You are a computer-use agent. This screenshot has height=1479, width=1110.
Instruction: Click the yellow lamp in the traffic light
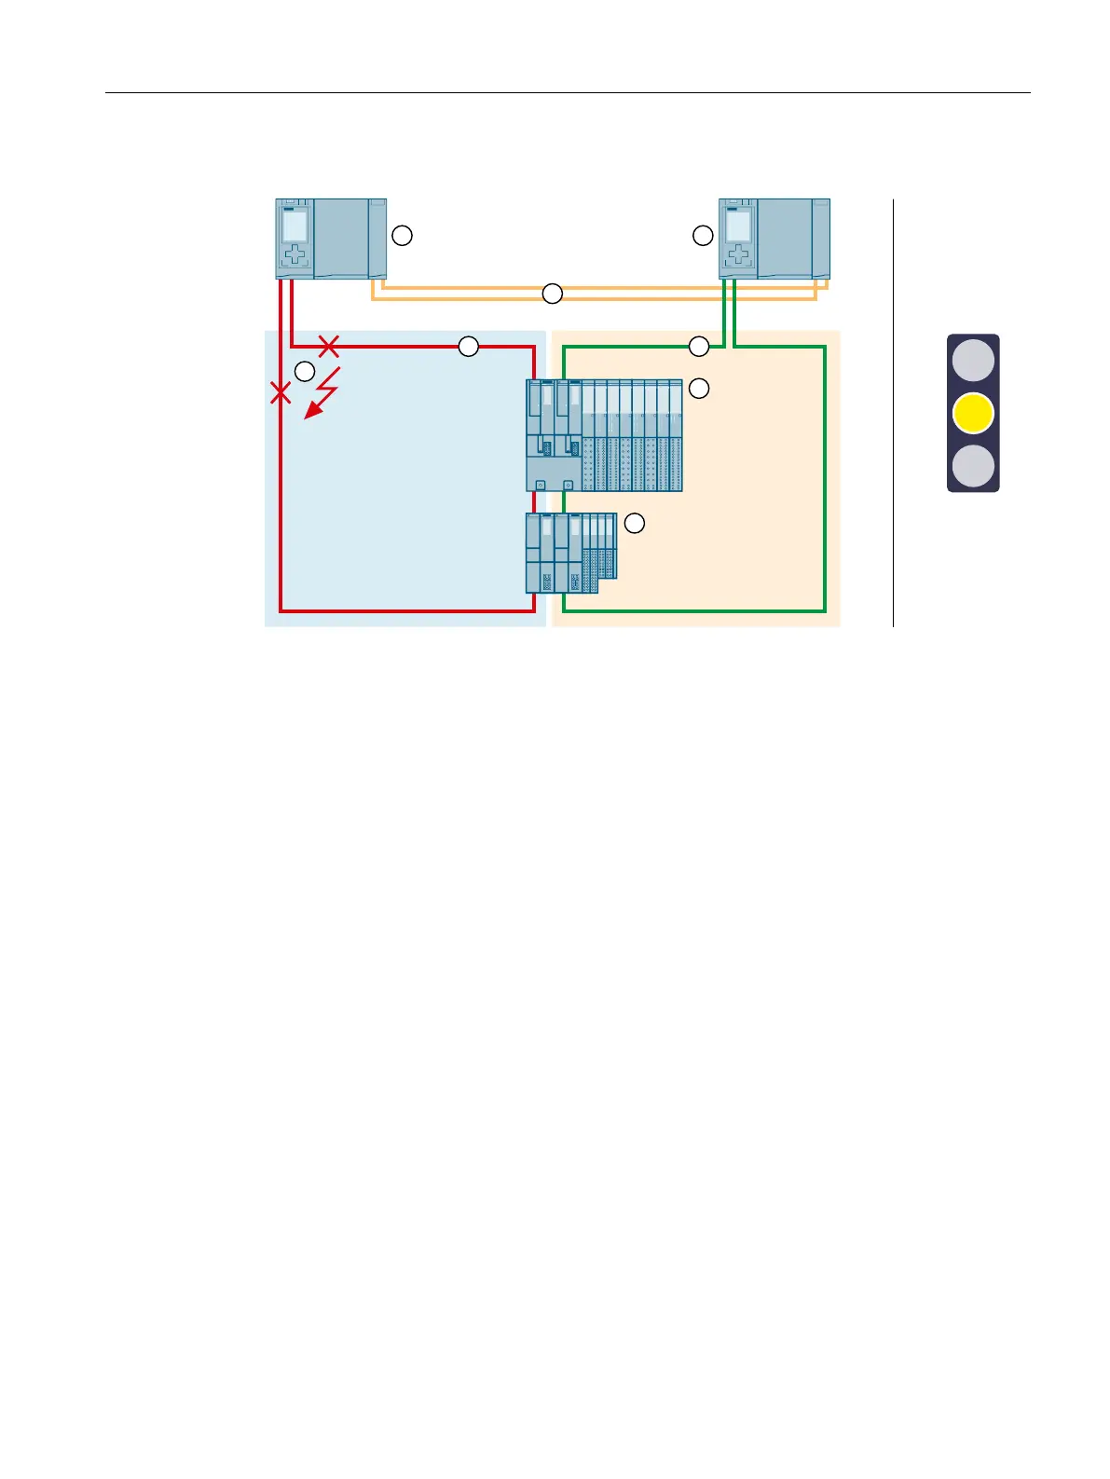coord(973,413)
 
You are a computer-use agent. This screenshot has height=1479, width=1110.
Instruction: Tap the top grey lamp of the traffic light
coord(973,361)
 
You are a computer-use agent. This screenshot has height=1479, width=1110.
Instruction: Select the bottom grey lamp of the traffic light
coord(973,466)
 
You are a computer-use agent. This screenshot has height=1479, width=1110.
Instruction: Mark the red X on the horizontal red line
coord(328,347)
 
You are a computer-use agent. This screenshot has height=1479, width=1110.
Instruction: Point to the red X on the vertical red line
coord(281,393)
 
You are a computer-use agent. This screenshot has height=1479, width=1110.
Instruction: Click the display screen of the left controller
coord(295,226)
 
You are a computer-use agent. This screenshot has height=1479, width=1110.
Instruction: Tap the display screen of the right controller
coord(738,226)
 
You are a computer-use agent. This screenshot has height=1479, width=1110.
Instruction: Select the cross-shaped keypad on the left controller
coord(295,255)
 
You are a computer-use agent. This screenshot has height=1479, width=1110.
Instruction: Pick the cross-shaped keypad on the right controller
coord(738,255)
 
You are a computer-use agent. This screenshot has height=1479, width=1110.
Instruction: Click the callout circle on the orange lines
coord(553,294)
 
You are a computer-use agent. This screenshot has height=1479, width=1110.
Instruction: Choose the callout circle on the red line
coord(468,347)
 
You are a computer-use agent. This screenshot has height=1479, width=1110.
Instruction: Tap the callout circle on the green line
coord(699,347)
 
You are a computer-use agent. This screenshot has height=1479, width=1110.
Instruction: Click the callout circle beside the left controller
coord(402,236)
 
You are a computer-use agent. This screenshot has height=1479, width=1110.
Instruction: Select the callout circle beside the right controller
coord(703,236)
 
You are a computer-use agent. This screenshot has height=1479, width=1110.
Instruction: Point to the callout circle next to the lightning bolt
coord(304,371)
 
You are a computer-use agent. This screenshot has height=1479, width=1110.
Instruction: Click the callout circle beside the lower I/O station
coord(634,523)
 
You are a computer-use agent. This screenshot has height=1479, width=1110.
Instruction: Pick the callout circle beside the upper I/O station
coord(698,389)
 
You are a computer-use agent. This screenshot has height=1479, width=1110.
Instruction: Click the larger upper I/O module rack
coord(604,435)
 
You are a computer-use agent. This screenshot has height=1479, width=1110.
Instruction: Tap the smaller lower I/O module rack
coord(570,553)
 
